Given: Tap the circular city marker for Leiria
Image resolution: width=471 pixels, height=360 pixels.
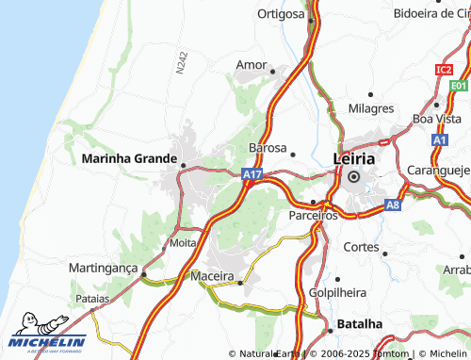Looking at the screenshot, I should coord(354,176).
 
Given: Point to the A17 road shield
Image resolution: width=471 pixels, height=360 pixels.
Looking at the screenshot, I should coord(251,175).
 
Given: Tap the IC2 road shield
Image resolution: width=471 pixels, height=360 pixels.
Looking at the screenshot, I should coord(444,70).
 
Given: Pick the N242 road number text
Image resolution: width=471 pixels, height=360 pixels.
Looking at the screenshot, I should coord(181,63).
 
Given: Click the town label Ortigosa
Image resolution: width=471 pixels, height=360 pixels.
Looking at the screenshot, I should coord(281,14).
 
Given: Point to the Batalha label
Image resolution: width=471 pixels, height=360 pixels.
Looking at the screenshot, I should coord(360,323).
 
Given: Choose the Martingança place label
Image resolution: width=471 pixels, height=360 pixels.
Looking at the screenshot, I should coord(104,269).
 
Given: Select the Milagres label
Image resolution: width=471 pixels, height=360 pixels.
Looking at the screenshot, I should coord(370,108).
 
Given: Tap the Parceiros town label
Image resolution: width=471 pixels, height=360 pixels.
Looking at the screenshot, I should coord(313,216).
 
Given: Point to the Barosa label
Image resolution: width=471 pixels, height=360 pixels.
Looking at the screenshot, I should coord(267,148).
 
